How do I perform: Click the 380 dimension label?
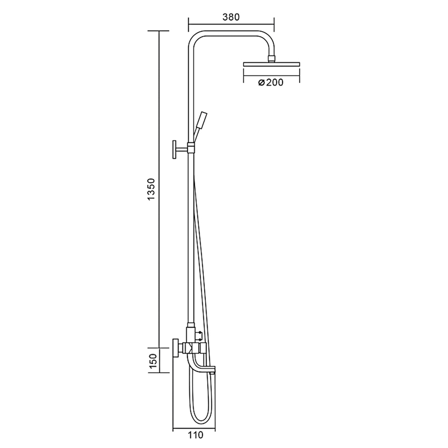[x=231, y=17]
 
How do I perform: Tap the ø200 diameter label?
[x=271, y=82]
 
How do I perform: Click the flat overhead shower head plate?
[x=271, y=64]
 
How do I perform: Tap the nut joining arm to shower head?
[x=271, y=58]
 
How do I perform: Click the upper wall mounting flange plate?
[x=175, y=150]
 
